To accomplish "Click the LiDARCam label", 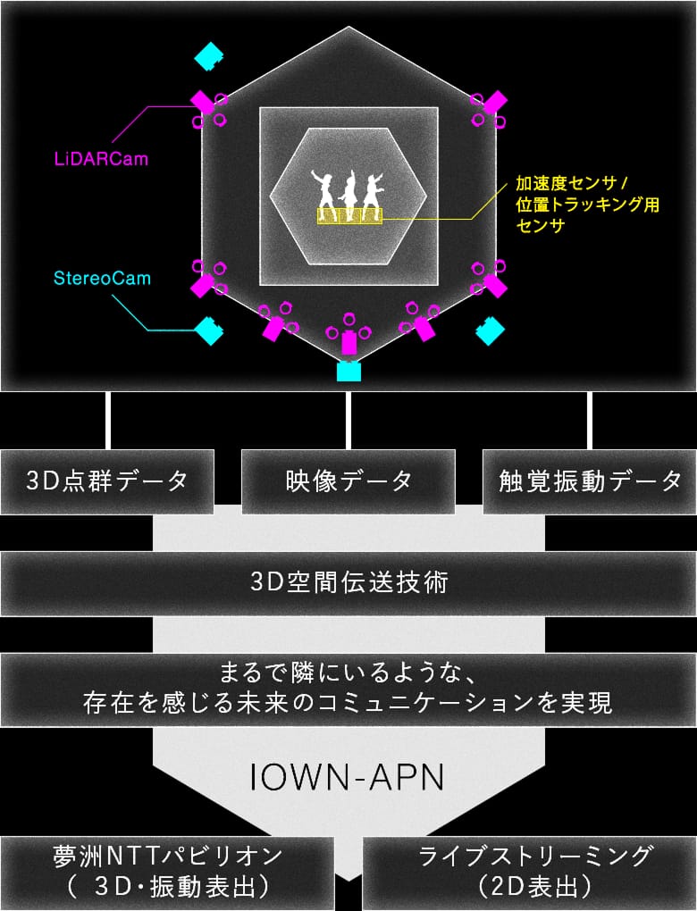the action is click(x=101, y=159).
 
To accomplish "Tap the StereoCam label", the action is click(x=102, y=279).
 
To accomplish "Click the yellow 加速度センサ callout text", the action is click(x=587, y=204).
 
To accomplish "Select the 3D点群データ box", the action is click(x=107, y=481).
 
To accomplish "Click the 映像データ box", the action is click(x=348, y=481).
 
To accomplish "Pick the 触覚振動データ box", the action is click(x=590, y=481).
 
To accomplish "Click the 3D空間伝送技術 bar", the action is click(x=348, y=582).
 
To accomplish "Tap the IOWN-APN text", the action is click(x=347, y=777).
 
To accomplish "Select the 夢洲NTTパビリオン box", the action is click(x=167, y=872).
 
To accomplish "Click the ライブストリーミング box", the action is click(x=530, y=872).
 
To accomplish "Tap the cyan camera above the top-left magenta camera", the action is click(x=209, y=56).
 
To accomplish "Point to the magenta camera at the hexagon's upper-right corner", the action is click(x=495, y=102).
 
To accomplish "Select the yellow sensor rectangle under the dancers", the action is click(x=350, y=216).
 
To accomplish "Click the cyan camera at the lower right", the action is click(x=490, y=330).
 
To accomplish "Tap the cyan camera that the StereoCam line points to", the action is click(x=209, y=330).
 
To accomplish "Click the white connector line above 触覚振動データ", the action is click(x=590, y=421).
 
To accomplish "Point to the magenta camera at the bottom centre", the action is click(x=348, y=341).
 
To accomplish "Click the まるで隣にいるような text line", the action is click(x=348, y=673).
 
